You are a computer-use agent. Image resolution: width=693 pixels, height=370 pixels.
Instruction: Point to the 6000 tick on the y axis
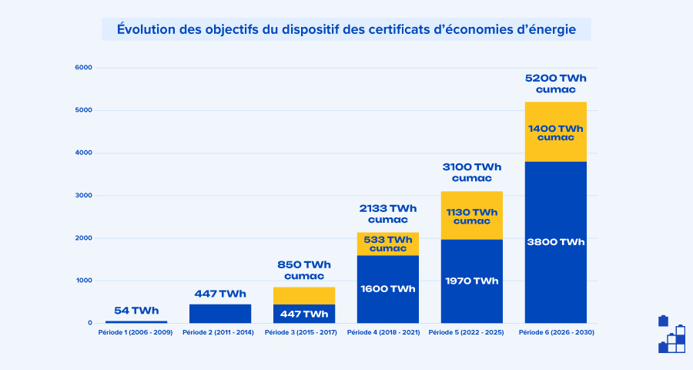pyautogui.click(x=83, y=68)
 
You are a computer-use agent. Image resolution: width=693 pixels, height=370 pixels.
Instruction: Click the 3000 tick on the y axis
pyautogui.click(x=83, y=196)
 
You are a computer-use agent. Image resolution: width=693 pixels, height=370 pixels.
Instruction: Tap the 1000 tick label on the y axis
pyautogui.click(x=83, y=281)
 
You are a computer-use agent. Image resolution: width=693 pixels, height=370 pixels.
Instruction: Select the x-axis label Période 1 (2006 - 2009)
pyautogui.click(x=136, y=332)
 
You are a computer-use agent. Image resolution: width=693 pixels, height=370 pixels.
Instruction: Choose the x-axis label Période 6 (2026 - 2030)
pyautogui.click(x=556, y=332)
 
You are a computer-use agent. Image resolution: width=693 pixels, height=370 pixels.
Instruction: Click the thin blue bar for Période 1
pyautogui.click(x=136, y=321)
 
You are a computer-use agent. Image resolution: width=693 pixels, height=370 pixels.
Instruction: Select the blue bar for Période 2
pyautogui.click(x=220, y=314)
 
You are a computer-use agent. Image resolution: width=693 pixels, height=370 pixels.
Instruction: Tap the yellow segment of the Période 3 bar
pyautogui.click(x=304, y=295)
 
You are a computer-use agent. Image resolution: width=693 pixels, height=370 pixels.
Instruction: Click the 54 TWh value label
pyautogui.click(x=136, y=311)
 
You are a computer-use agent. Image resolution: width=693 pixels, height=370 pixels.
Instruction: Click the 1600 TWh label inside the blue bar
pyautogui.click(x=388, y=289)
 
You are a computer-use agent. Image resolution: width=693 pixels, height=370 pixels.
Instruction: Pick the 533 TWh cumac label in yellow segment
pyautogui.click(x=388, y=244)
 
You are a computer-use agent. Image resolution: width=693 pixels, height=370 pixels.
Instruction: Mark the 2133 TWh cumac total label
pyautogui.click(x=388, y=214)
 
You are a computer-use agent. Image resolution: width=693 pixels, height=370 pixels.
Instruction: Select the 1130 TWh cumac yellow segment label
pyautogui.click(x=471, y=216)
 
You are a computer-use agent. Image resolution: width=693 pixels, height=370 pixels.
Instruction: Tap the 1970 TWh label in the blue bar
pyautogui.click(x=471, y=281)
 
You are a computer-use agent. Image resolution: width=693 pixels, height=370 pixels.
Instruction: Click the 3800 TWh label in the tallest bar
pyautogui.click(x=555, y=242)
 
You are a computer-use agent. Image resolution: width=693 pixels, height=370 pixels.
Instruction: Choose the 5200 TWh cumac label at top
pyautogui.click(x=555, y=83)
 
